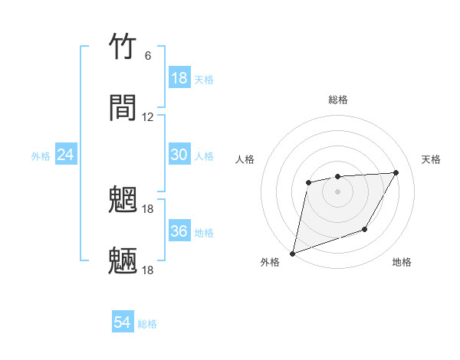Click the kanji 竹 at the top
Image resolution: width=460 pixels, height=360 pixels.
point(123,47)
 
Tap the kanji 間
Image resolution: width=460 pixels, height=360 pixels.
point(123,108)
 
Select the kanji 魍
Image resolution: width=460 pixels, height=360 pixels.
point(123,200)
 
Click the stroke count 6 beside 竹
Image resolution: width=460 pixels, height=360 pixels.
point(148,56)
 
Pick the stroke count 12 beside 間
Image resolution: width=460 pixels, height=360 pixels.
point(148,117)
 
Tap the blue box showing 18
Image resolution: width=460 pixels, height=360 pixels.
point(179,78)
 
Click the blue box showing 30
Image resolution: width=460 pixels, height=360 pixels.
point(179,155)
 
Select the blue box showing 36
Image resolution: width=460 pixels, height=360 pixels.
point(179,231)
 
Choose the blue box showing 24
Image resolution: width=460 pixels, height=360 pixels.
point(66,155)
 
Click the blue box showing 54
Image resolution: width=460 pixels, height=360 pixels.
point(123,323)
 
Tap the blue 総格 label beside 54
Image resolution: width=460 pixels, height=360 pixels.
point(147,324)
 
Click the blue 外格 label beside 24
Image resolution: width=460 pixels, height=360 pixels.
point(41,156)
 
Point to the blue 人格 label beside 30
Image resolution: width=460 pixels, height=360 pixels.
point(204,156)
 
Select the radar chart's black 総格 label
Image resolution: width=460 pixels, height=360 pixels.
point(338,100)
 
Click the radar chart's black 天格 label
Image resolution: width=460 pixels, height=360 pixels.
point(431,159)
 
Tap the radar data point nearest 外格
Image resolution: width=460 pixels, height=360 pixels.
point(292,253)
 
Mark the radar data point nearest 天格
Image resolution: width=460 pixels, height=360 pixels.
point(396,172)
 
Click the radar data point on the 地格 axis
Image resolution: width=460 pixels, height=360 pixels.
point(366,229)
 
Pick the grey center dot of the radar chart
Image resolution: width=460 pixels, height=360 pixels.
point(337,191)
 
